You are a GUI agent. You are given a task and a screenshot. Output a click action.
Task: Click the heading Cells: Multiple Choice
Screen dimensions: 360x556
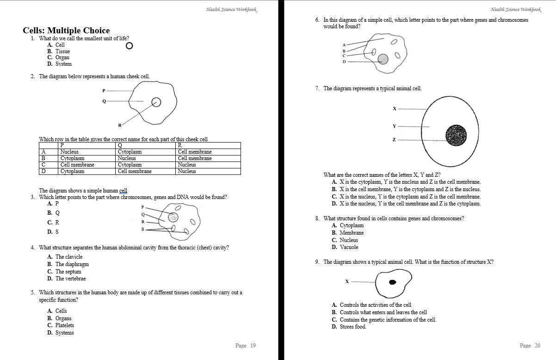coord(66,31)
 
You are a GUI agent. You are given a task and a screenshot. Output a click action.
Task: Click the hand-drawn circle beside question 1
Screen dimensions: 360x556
coord(129,46)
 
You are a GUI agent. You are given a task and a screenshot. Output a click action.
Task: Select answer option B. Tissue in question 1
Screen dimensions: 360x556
coord(59,51)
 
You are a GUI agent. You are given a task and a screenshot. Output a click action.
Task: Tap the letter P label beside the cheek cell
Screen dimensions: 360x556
coord(104,90)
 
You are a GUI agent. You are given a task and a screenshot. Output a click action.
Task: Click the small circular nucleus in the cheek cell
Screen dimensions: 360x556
coord(156,102)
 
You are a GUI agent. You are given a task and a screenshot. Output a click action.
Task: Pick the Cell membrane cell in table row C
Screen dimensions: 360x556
coord(77,165)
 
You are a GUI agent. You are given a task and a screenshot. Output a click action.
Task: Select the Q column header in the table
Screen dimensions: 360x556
coord(120,145)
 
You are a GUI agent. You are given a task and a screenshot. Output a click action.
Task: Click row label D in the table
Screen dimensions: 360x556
coord(43,171)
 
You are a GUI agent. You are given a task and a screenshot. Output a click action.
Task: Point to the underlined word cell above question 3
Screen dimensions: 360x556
coord(123,191)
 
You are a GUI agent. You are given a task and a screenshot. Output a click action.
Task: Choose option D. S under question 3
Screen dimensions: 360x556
coord(53,231)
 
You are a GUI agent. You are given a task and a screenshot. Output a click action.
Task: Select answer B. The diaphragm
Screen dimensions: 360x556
coord(68,264)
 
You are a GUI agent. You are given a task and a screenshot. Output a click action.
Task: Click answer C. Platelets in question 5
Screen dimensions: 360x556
coord(61,325)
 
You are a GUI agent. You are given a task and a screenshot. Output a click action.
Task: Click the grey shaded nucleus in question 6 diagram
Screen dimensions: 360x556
coord(383,59)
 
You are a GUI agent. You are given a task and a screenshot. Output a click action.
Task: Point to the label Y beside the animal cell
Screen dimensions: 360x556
coord(395,126)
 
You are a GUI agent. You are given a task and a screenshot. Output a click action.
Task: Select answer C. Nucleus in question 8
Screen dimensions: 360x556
coord(345,240)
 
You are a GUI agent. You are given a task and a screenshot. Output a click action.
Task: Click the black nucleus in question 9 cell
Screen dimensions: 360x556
coord(393,282)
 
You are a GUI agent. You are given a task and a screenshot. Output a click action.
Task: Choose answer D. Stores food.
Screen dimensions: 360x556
coord(349,327)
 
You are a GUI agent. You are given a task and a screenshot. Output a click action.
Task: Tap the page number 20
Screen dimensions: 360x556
coord(530,346)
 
